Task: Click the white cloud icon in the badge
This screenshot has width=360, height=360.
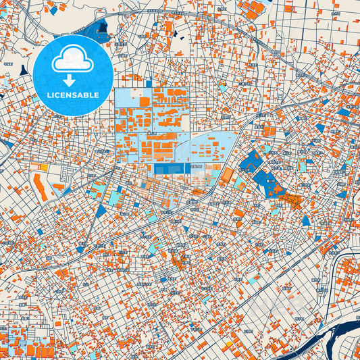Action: [72, 60]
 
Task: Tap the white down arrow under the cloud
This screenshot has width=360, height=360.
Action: [69, 80]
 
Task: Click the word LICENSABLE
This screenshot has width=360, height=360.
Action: [72, 95]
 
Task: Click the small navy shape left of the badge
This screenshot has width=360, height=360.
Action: [24, 70]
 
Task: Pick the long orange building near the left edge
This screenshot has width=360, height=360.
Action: [41, 187]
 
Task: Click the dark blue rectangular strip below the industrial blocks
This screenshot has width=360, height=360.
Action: [170, 168]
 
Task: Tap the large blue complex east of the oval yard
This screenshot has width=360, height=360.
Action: [259, 172]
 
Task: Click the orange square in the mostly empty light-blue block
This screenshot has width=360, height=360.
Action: [144, 101]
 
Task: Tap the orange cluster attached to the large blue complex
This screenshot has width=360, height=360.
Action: [292, 198]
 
